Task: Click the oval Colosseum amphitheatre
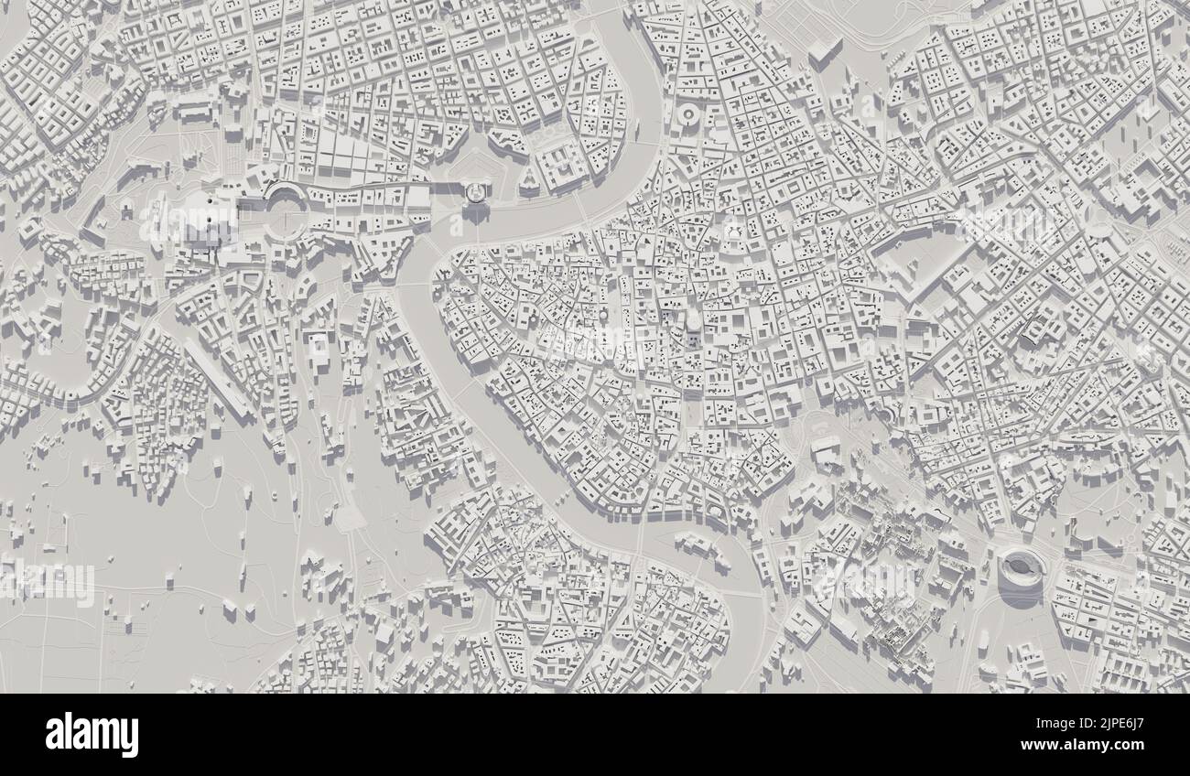[1020, 571]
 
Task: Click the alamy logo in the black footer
[92, 735]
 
